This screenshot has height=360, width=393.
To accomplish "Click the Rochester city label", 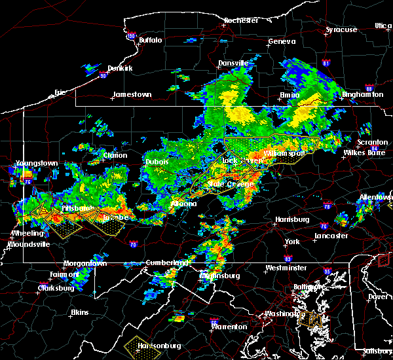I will coord(241,20).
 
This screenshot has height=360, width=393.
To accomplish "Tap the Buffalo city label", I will coord(150,41).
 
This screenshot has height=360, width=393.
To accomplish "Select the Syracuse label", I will coord(342,29).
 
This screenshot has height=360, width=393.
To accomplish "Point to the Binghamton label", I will coord(362,94).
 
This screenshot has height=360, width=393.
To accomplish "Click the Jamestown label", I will coord(132,94).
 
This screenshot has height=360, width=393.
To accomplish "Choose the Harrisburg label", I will coord(292,219).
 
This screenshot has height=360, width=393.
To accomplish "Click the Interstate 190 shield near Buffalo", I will coord(130,36).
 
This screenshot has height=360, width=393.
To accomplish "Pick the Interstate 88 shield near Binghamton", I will coord(369,89).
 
